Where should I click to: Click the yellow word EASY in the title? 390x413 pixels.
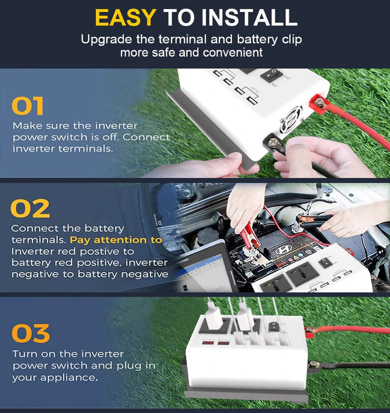click(125, 18)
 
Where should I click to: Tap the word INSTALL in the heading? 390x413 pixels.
click(249, 18)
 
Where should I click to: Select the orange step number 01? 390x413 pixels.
click(27, 106)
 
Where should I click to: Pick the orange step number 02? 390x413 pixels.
click(30, 208)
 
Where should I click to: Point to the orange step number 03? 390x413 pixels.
click(30, 333)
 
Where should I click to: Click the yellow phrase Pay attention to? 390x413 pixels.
click(116, 240)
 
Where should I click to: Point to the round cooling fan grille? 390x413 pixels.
click(291, 120)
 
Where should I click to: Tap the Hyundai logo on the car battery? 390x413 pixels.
click(283, 249)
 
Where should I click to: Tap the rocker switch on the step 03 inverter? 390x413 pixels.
click(273, 326)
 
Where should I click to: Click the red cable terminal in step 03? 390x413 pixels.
click(309, 331)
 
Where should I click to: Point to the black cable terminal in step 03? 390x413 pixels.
click(313, 366)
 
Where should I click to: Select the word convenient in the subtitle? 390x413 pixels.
click(232, 53)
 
